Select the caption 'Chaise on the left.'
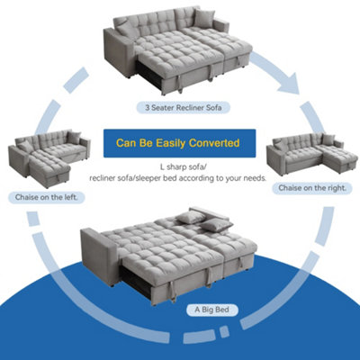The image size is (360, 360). click(x=40, y=196)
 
